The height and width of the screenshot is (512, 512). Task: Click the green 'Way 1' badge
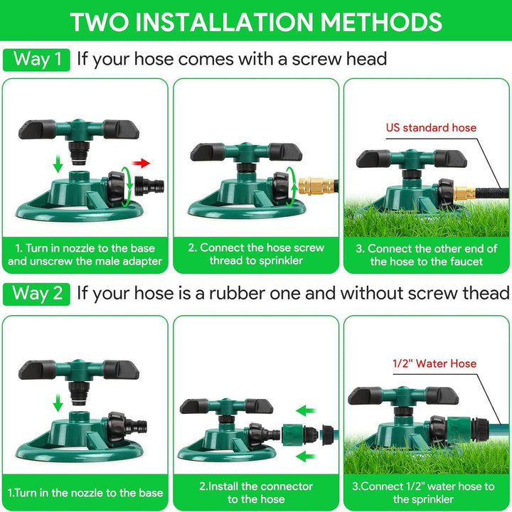[37, 59]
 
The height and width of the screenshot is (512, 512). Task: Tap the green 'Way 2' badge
[37, 294]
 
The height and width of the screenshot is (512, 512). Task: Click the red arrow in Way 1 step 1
[142, 163]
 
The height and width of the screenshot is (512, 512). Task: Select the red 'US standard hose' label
[431, 128]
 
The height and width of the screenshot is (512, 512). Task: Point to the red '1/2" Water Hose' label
[434, 363]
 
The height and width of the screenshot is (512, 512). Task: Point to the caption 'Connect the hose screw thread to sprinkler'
[256, 255]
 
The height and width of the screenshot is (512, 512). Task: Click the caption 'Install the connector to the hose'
[256, 493]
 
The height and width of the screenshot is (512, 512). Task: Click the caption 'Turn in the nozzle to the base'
[85, 492]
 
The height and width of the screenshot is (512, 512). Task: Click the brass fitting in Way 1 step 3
[466, 192]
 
